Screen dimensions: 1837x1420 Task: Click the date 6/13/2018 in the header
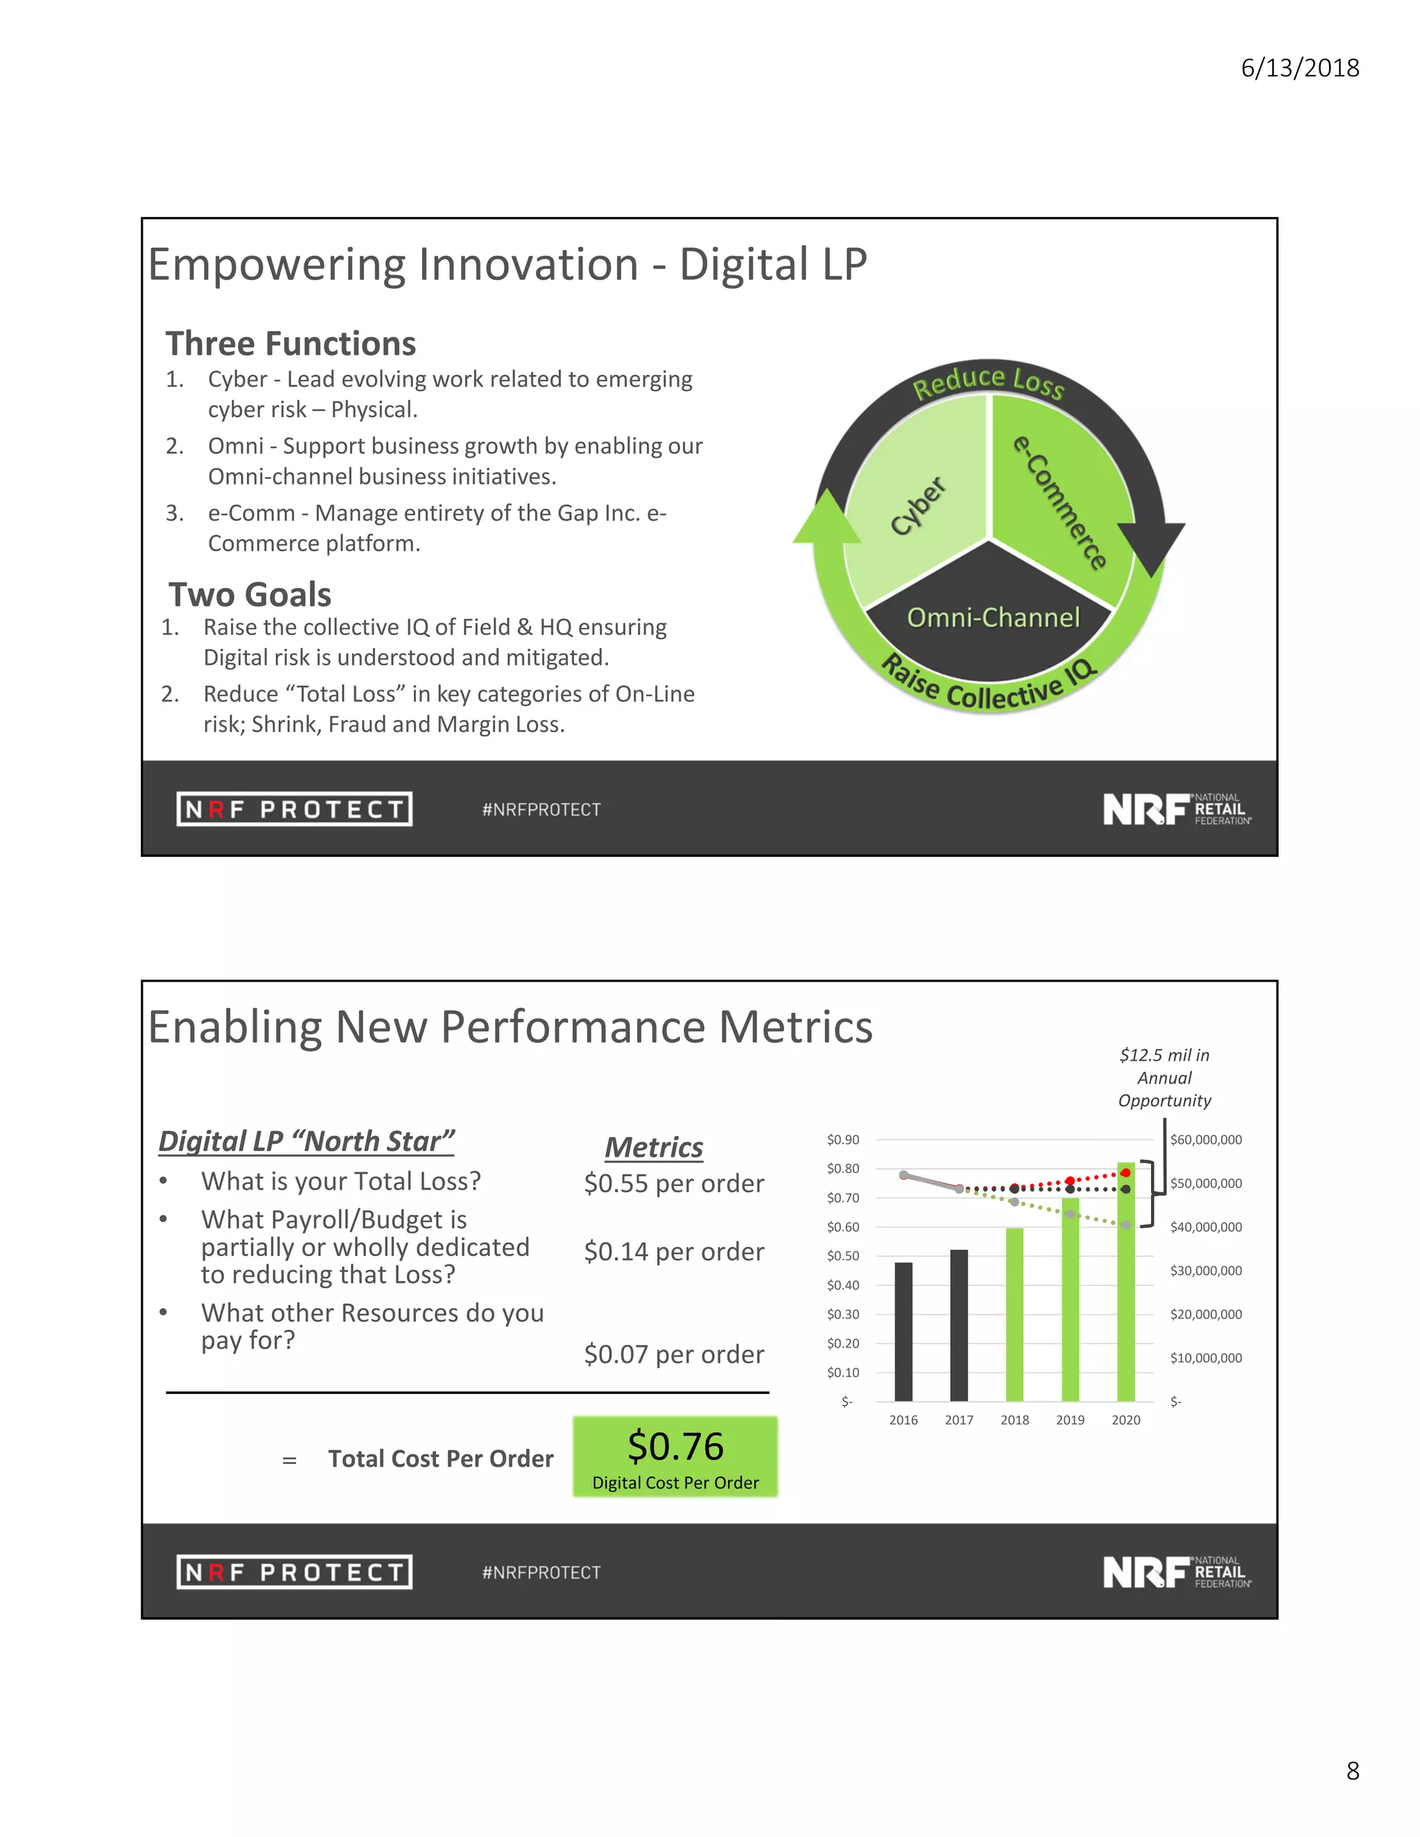tap(1300, 68)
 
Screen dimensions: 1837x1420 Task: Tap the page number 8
tap(1353, 1770)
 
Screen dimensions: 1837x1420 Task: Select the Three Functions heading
tap(291, 343)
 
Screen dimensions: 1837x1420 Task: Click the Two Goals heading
tap(250, 594)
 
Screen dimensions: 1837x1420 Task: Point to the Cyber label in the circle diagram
tap(918, 505)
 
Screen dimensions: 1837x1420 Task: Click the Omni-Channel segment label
tap(993, 618)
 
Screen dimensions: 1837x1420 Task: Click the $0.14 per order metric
tap(674, 1251)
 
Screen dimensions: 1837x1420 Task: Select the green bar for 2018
tap(1014, 1314)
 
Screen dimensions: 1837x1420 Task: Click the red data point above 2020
tap(1125, 1172)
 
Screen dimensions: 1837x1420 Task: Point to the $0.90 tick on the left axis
tap(843, 1140)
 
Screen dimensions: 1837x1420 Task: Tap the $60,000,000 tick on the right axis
tap(1206, 1140)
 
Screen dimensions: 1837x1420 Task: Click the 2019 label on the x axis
tap(1070, 1420)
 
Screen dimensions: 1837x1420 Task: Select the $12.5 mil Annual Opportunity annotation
tap(1164, 1077)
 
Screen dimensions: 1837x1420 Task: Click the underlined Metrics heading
tap(654, 1147)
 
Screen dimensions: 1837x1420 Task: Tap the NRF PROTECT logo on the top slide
tap(295, 809)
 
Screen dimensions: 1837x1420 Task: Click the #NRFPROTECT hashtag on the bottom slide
tap(541, 1572)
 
